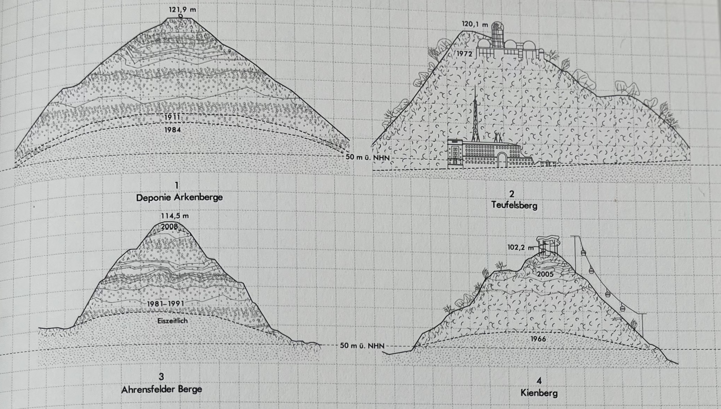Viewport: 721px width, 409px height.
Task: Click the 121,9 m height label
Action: coord(182,9)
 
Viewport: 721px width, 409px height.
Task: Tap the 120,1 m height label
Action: coord(475,25)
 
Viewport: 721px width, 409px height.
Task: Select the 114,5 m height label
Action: coord(175,216)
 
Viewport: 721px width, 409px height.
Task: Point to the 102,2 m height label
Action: coord(520,247)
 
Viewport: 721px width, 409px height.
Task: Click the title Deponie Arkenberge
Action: coord(179,197)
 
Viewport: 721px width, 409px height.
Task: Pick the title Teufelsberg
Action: coord(514,205)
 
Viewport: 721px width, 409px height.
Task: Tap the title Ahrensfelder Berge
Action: coord(162,389)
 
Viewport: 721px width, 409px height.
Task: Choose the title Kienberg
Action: coord(539,393)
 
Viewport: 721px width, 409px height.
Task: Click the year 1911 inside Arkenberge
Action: coord(172,117)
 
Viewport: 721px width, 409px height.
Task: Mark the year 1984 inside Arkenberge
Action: coord(172,130)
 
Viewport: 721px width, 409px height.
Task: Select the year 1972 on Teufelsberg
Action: coord(465,54)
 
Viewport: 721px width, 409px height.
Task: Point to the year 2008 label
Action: coord(169,227)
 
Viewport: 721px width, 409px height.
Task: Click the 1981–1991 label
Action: coord(166,304)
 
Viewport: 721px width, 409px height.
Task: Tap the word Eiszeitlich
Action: coord(172,321)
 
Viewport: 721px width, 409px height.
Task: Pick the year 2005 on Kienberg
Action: coord(545,274)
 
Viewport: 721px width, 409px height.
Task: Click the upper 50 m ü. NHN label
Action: coord(367,157)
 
